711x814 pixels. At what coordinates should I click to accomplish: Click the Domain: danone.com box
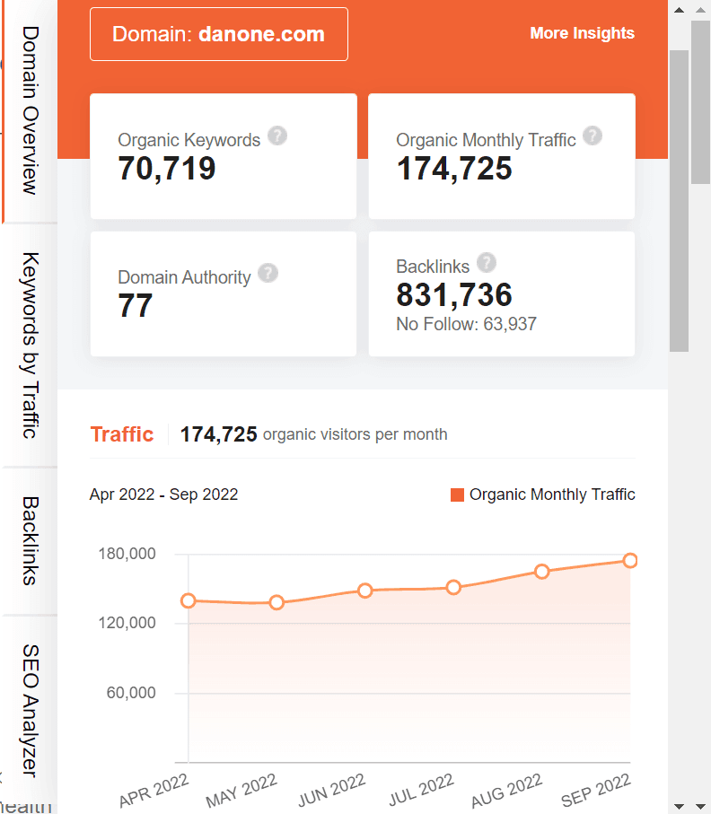[x=218, y=34]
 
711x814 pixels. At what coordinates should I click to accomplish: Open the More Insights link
[x=582, y=33]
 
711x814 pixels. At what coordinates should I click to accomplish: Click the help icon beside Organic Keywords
[x=277, y=136]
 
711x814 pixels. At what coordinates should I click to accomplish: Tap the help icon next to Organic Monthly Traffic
[x=592, y=136]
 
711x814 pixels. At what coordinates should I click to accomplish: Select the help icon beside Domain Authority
[x=268, y=274]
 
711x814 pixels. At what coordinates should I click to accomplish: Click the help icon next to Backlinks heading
[x=487, y=263]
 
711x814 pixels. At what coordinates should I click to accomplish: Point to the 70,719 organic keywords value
[x=167, y=168]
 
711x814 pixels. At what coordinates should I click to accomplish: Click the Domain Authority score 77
[x=136, y=306]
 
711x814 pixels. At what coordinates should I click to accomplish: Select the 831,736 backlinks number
[x=454, y=295]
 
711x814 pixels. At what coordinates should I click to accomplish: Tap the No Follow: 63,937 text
[x=466, y=324]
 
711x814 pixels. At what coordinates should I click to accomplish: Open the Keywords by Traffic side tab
[x=30, y=346]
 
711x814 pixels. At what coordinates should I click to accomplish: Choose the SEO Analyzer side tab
[x=30, y=709]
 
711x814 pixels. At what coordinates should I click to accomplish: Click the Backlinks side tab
[x=30, y=540]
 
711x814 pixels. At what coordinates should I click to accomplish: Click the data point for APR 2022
[x=189, y=600]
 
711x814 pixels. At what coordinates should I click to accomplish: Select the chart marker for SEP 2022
[x=630, y=560]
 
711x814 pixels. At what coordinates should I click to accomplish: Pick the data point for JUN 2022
[x=365, y=591]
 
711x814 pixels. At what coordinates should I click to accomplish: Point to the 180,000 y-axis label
[x=126, y=554]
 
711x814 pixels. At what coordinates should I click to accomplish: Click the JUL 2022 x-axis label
[x=421, y=790]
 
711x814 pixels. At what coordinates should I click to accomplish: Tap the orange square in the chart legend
[x=458, y=495]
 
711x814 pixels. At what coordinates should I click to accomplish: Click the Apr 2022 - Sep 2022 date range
[x=163, y=495]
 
